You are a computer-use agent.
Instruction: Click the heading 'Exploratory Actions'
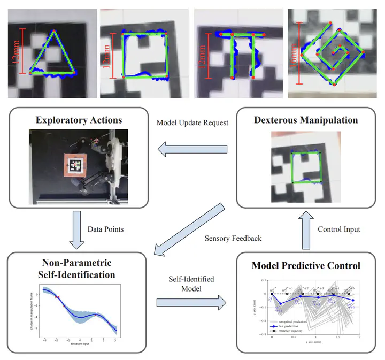79,120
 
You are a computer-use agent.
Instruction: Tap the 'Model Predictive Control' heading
306,266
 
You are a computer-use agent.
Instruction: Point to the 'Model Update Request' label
192,122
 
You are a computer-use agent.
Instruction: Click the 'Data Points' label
105,228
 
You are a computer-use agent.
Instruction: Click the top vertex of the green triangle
53,30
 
